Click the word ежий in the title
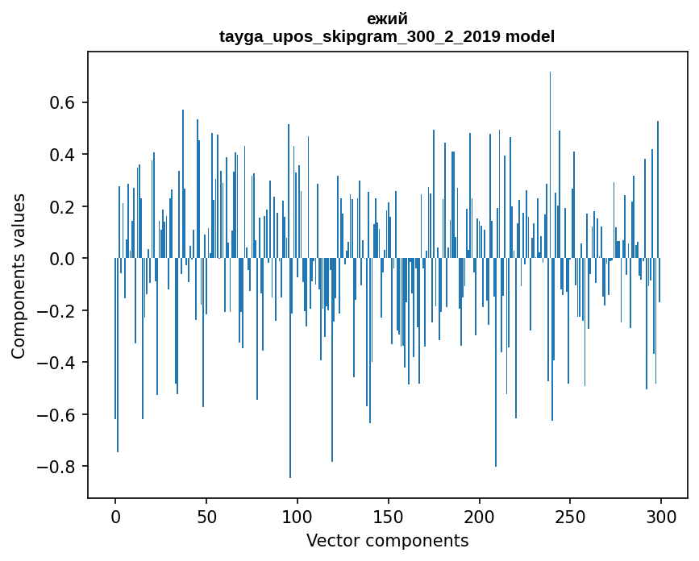click(387, 19)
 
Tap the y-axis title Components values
click(19, 276)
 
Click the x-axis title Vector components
click(387, 540)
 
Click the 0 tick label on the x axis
click(115, 516)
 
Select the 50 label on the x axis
click(206, 516)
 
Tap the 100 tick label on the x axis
click(297, 516)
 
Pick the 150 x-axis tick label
click(389, 516)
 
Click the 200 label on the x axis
click(480, 516)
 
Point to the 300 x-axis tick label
click(661, 516)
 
